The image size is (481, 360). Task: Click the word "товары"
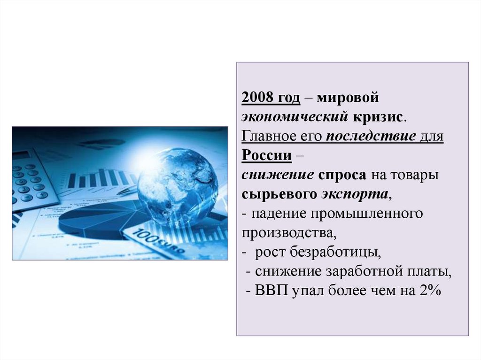[414, 175]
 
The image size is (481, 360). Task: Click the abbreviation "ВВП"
[272, 291]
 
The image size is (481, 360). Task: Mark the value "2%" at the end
[427, 291]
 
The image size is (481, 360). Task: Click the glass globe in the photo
[177, 185]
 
